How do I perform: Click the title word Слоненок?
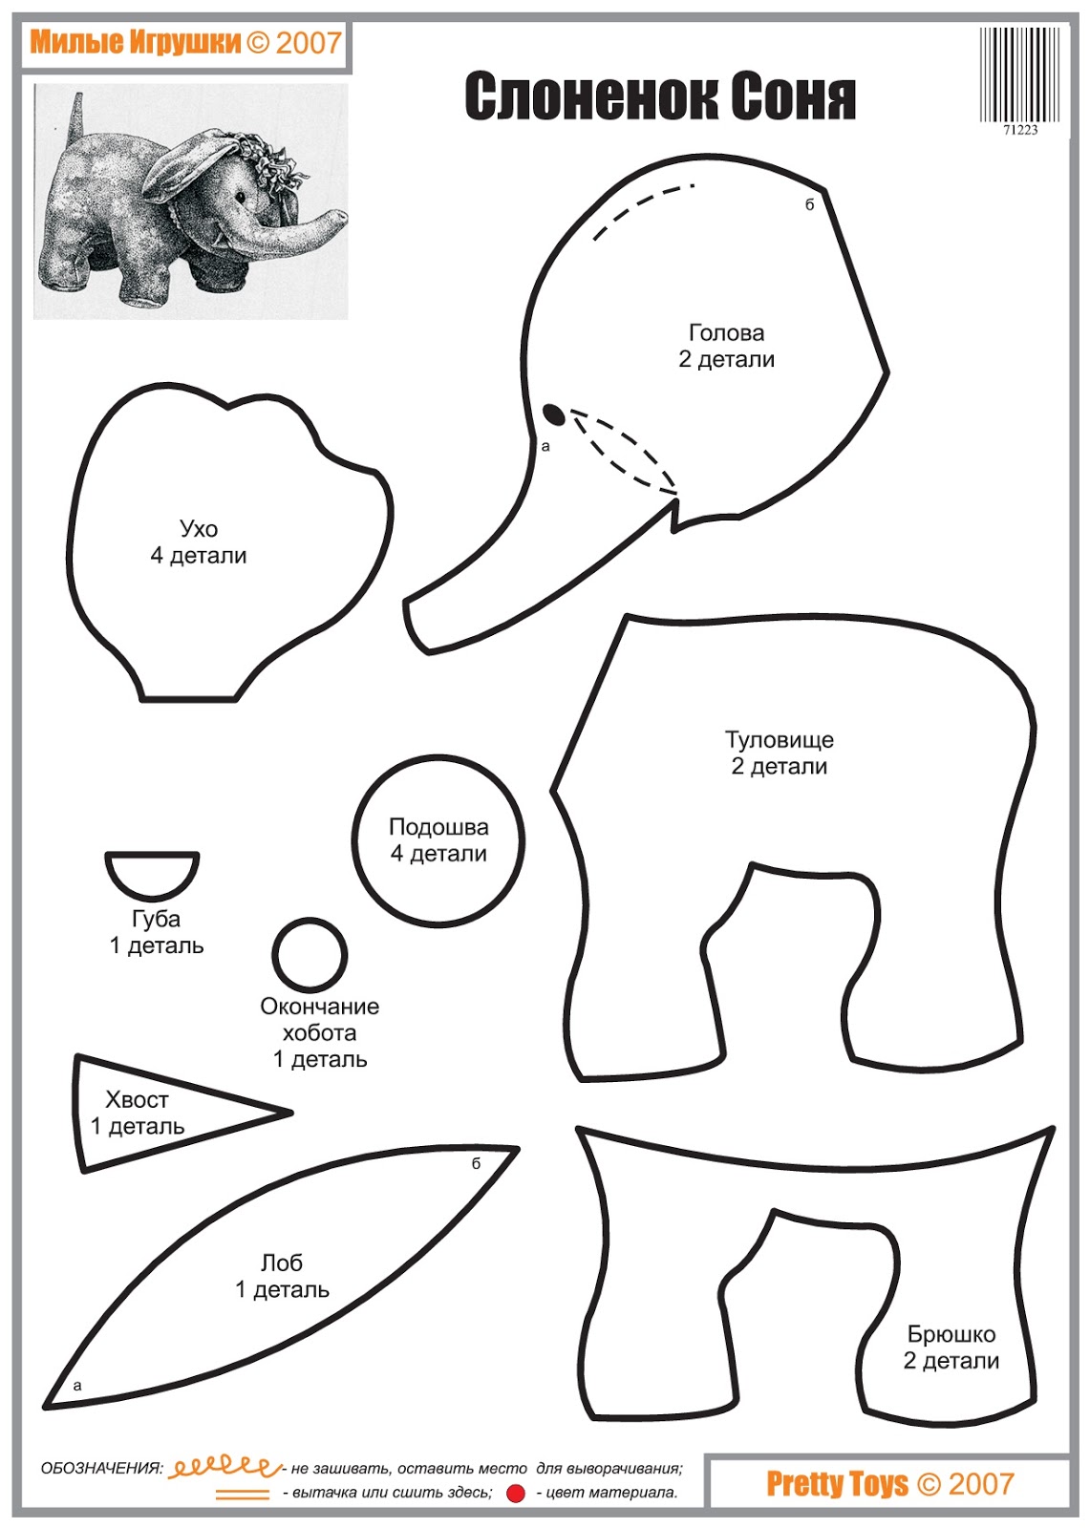pos(590,96)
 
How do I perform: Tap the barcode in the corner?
pos(1019,74)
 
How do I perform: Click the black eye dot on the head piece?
pos(553,414)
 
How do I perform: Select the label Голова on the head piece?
pos(726,333)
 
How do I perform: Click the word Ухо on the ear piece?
pos(199,529)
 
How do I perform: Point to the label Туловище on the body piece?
pos(779,740)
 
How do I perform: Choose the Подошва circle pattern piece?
pos(438,841)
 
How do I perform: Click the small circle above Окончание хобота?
pos(310,954)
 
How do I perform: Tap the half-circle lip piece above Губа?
pos(152,873)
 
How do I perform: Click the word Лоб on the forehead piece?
pos(282,1263)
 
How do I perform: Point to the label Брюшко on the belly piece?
pos(951,1334)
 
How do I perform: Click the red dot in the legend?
pos(516,1494)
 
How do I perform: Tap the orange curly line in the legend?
pos(224,1466)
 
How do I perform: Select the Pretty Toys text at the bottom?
pos(837,1483)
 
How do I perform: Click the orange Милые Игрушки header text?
pos(135,42)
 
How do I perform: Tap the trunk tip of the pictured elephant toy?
pos(339,216)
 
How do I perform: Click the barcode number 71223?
pos(1019,130)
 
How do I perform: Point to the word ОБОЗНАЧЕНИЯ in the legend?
pos(101,1469)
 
